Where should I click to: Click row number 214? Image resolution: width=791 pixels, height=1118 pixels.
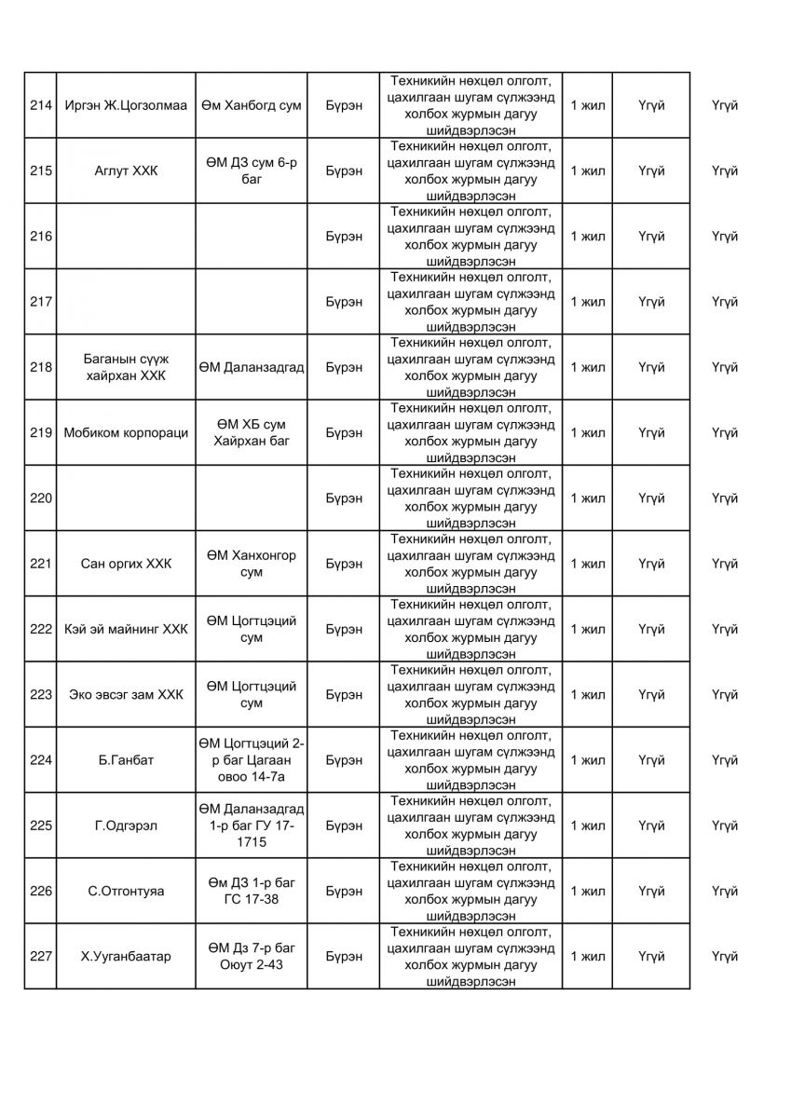[x=41, y=105]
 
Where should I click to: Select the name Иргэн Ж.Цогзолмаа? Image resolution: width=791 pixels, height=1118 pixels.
[x=126, y=105]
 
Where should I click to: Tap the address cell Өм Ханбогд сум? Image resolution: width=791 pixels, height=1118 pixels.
[x=250, y=105]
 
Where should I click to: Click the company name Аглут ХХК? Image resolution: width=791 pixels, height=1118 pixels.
[x=126, y=170]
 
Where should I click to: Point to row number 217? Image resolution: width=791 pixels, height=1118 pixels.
[x=41, y=302]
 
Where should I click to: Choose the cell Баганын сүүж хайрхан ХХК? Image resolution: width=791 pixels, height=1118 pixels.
[x=126, y=367]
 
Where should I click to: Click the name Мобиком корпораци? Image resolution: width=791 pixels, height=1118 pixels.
[x=126, y=432]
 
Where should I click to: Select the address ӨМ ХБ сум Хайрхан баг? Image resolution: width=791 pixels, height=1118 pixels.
[x=250, y=432]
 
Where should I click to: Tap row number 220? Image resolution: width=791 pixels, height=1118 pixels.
[x=41, y=498]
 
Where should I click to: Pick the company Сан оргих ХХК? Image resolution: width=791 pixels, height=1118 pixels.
[x=126, y=564]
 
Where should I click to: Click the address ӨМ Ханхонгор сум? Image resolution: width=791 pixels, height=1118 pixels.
[x=250, y=564]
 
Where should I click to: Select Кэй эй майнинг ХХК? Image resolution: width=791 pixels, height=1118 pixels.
[x=126, y=629]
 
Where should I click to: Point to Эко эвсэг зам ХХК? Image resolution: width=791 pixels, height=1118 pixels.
[x=126, y=695]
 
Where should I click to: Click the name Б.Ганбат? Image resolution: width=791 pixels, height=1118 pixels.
[x=126, y=760]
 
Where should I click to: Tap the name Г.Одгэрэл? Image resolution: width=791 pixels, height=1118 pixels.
[x=126, y=825]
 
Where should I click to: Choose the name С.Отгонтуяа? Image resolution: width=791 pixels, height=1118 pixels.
[x=126, y=892]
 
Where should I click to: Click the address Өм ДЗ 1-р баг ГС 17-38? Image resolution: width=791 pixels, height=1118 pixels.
[x=250, y=892]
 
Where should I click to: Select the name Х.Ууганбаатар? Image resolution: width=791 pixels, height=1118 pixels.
[x=126, y=957]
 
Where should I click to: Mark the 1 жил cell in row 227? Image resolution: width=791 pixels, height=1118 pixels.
[x=587, y=957]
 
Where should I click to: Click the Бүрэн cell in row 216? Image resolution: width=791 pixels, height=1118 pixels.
[x=344, y=237]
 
